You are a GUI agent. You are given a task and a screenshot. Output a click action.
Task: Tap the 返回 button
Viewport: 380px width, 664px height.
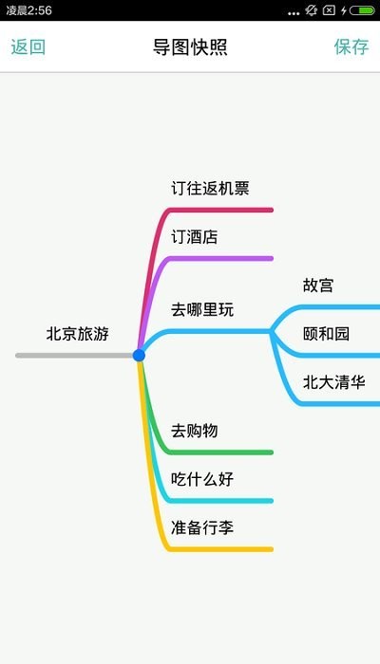(x=28, y=46)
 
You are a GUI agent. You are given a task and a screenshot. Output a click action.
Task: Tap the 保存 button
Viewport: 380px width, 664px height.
(x=351, y=46)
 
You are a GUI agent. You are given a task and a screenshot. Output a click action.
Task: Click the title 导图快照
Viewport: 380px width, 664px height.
(x=190, y=47)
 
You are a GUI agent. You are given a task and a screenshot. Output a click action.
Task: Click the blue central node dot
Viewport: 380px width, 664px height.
(x=139, y=356)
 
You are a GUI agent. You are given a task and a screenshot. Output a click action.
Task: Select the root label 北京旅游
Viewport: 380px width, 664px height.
(x=78, y=334)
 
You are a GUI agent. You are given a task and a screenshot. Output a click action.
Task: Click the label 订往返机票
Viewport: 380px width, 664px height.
(x=210, y=189)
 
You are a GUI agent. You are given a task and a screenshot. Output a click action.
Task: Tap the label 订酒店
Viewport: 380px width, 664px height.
(x=195, y=237)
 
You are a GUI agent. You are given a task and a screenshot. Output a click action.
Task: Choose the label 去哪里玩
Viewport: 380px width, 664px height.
(x=202, y=309)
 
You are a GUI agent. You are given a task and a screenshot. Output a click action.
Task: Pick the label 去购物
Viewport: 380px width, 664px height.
(x=195, y=431)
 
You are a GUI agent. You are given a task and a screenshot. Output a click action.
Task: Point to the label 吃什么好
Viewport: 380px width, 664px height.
(x=202, y=479)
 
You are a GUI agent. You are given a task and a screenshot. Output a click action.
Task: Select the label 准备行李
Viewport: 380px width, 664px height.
(x=202, y=527)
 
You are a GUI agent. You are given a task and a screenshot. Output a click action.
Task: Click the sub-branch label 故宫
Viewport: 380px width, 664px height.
(x=318, y=286)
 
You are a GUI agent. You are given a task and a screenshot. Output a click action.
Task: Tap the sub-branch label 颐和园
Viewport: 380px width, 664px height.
(x=326, y=334)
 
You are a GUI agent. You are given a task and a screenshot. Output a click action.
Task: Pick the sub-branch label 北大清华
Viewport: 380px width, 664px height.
(x=334, y=382)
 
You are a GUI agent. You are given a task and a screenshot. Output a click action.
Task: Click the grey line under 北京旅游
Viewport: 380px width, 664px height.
(x=75, y=356)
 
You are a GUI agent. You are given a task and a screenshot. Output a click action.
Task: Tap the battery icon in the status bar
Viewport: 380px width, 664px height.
(x=363, y=10)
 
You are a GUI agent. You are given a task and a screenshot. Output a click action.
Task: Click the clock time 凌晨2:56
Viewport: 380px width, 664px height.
(x=28, y=10)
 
